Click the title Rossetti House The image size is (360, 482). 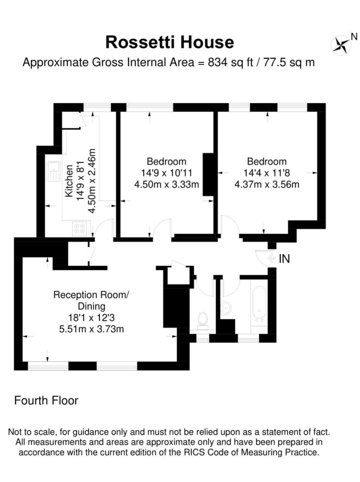(x=170, y=43)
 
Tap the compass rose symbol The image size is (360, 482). (x=341, y=45)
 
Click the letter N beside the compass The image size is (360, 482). (x=354, y=37)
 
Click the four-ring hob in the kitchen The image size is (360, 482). (x=79, y=228)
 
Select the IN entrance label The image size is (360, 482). (x=284, y=258)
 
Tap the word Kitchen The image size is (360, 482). (x=69, y=181)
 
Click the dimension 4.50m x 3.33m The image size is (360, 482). (x=167, y=184)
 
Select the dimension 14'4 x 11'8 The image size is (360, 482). (x=267, y=173)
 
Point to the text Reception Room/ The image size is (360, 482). (x=92, y=295)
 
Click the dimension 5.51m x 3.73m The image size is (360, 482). (x=92, y=329)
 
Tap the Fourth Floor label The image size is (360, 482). (x=46, y=400)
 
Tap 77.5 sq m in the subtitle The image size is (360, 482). (x=289, y=63)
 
